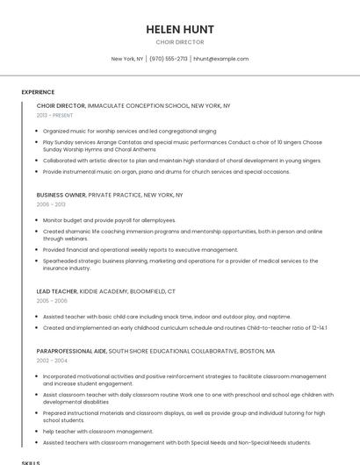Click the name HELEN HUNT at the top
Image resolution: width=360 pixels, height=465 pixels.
179,29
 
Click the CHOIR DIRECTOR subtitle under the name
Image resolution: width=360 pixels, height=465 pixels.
179,42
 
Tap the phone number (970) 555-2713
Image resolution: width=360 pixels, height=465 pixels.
169,59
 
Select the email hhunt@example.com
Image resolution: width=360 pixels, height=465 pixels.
220,59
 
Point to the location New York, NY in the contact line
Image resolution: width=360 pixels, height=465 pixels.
127,59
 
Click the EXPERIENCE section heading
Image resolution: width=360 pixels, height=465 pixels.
38,92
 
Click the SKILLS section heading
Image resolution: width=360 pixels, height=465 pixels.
31,461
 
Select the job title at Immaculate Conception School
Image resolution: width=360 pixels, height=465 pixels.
61,105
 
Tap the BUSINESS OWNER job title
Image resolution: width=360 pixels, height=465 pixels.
61,195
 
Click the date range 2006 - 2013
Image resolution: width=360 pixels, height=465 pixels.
51,204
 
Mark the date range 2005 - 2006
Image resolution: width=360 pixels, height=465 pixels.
51,301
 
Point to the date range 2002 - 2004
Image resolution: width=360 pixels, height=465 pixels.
51,361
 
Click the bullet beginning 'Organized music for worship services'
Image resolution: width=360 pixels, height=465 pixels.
129,131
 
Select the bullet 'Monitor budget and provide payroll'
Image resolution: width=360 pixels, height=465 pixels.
110,220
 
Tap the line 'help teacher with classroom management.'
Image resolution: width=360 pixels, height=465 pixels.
98,432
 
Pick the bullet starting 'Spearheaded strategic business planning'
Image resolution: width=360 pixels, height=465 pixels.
176,261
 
